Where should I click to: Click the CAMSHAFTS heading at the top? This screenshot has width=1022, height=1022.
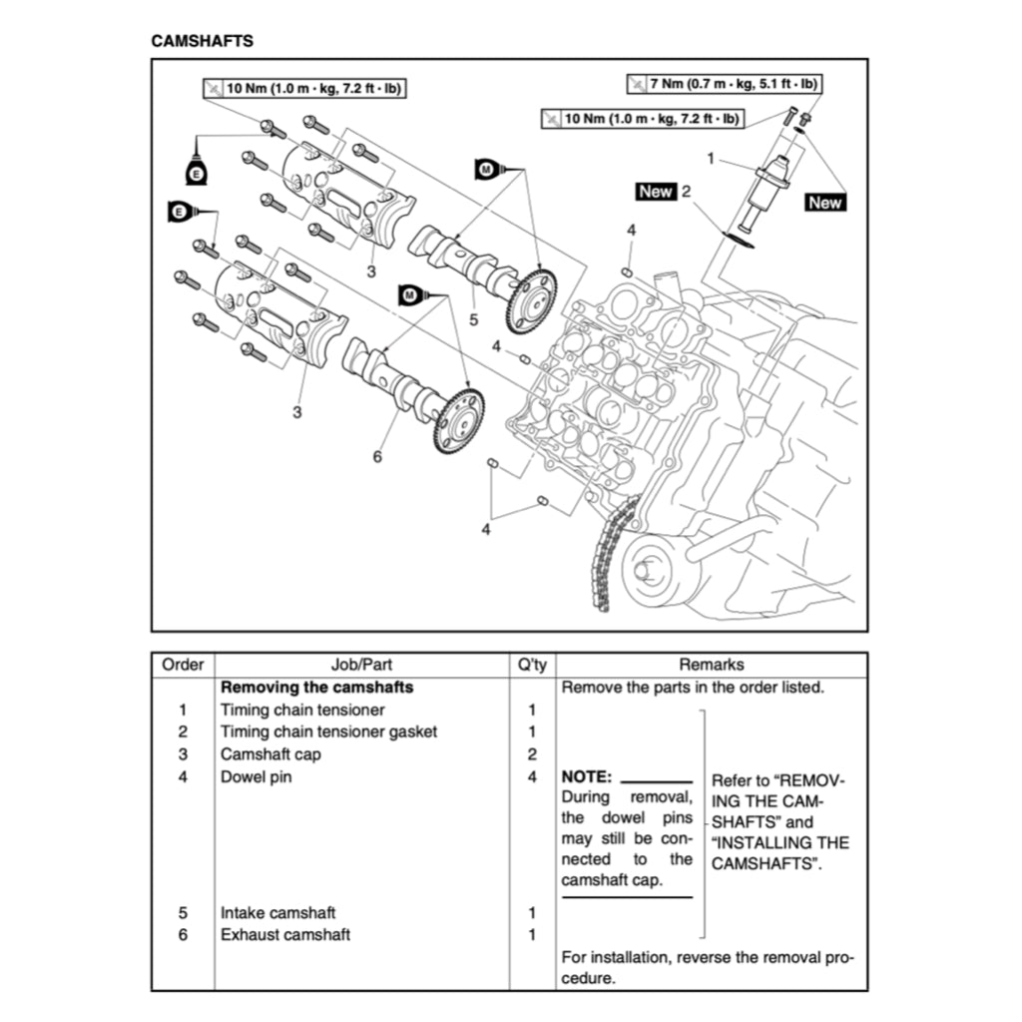click(202, 41)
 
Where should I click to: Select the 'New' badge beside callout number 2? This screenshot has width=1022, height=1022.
click(656, 191)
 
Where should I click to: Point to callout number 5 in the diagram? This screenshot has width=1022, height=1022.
click(473, 320)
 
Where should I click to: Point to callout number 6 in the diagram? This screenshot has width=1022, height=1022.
click(377, 456)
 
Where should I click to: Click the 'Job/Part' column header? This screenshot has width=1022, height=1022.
click(360, 665)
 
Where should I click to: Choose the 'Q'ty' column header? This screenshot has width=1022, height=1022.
click(532, 665)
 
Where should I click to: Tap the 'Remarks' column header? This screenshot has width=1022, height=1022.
click(711, 665)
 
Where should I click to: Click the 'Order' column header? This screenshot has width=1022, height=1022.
click(183, 665)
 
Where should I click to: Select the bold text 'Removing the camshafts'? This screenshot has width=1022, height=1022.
click(316, 688)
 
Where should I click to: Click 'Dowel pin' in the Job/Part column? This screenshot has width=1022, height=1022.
click(255, 776)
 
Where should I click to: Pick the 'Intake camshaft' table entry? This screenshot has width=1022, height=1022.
click(277, 912)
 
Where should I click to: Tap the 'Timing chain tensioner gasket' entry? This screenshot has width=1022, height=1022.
click(328, 732)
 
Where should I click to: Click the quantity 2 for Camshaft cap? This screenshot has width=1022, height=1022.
click(532, 755)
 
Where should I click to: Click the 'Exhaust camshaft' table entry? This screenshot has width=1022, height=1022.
click(285, 935)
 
